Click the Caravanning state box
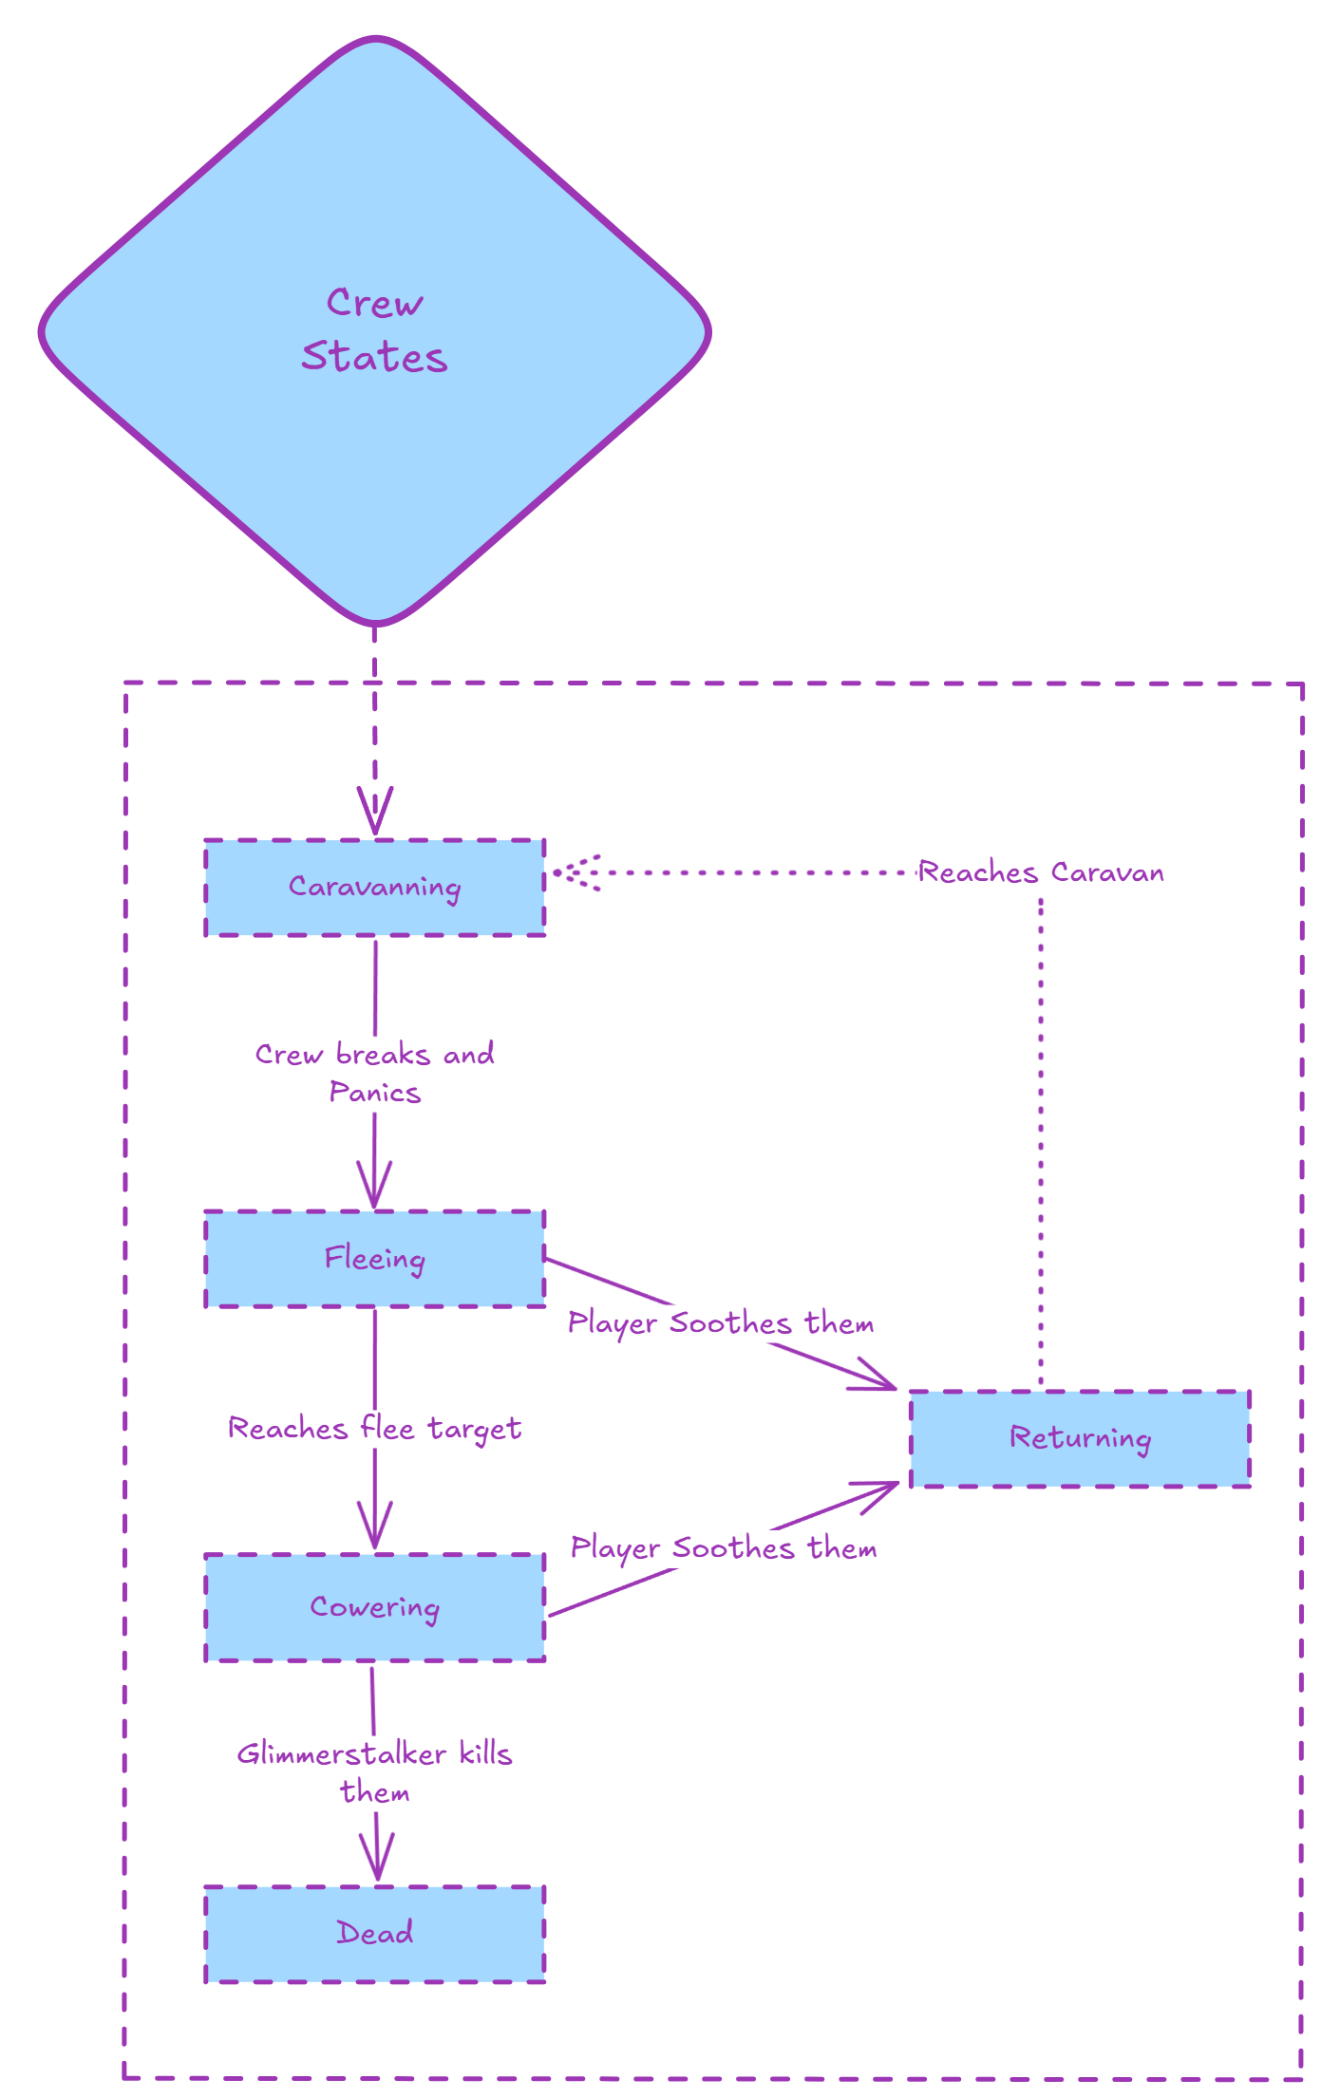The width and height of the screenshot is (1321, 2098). [374, 887]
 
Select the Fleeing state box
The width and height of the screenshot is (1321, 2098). [374, 1259]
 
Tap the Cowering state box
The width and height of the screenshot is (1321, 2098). [374, 1607]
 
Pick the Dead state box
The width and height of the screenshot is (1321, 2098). [374, 1933]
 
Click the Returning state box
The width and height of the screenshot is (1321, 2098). [1080, 1438]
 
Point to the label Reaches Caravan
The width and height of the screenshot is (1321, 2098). [1041, 872]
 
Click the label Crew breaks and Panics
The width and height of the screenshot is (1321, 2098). [374, 1073]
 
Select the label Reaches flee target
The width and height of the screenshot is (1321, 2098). [374, 1429]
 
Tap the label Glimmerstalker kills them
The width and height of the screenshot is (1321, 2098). [374, 1772]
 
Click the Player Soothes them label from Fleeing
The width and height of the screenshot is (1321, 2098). [720, 1323]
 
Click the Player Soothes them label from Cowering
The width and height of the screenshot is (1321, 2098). [723, 1548]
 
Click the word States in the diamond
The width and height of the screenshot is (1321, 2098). [374, 358]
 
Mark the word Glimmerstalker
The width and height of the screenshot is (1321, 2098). [341, 1753]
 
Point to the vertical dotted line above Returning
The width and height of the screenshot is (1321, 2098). [1041, 1139]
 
